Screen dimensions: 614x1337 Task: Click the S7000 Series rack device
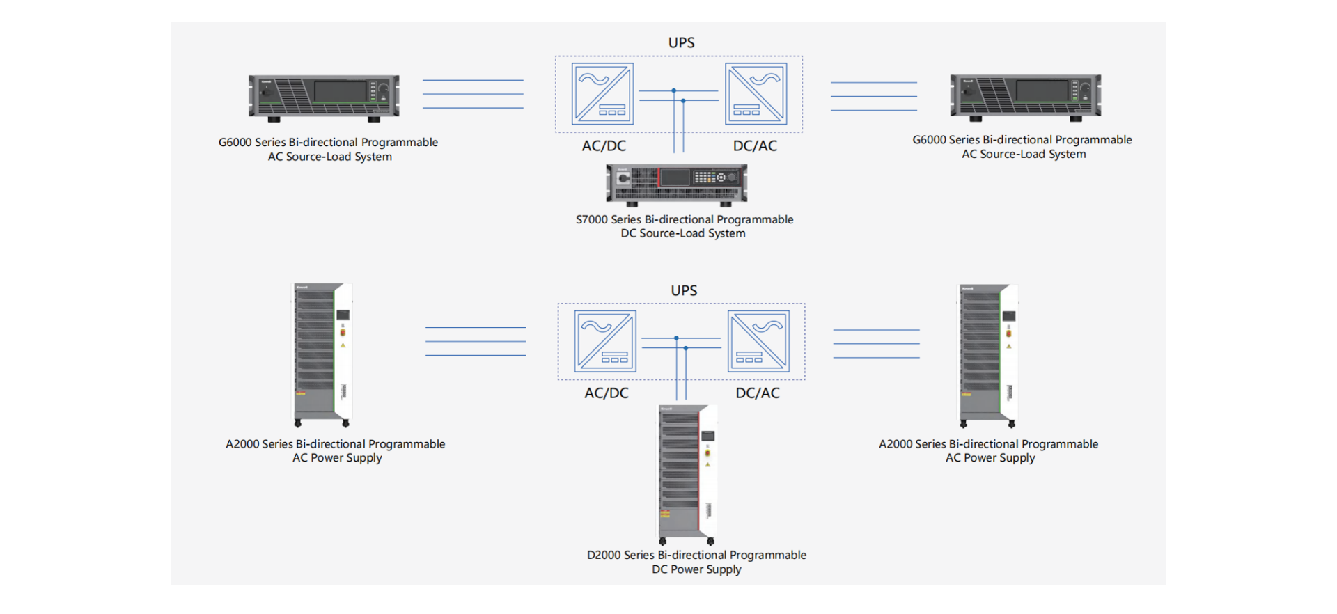(676, 184)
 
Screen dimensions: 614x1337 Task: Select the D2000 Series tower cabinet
(687, 473)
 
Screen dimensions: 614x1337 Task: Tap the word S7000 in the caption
(591, 220)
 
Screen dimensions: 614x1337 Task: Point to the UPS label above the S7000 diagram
(681, 43)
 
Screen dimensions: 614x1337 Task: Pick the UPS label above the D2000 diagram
(684, 291)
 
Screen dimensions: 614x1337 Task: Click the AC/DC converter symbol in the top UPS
(602, 94)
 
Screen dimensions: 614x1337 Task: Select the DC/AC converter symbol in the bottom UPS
(758, 341)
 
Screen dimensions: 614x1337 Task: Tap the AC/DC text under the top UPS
(604, 146)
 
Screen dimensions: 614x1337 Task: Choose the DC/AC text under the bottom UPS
(758, 393)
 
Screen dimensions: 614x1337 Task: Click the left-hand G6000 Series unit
(324, 97)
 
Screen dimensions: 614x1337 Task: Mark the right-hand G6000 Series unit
(1025, 97)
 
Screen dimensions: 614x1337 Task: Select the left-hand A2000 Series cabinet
(321, 354)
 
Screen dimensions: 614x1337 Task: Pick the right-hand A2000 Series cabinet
(988, 354)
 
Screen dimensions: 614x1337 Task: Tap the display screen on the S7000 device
(674, 178)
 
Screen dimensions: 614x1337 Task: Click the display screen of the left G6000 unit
(340, 91)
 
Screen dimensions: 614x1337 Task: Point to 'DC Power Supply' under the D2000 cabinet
(696, 569)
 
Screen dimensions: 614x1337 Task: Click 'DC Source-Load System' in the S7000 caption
(682, 234)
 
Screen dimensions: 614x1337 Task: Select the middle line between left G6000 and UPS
(473, 94)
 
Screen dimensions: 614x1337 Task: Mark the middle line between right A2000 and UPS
(876, 344)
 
